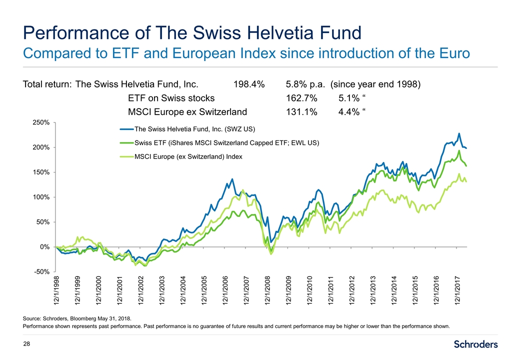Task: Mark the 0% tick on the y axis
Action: pyautogui.click(x=44, y=247)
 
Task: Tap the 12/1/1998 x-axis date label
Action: pyautogui.click(x=56, y=290)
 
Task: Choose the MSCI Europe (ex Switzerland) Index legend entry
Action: pyautogui.click(x=188, y=157)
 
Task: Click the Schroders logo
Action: pyautogui.click(x=475, y=344)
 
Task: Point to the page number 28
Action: pyautogui.click(x=27, y=344)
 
